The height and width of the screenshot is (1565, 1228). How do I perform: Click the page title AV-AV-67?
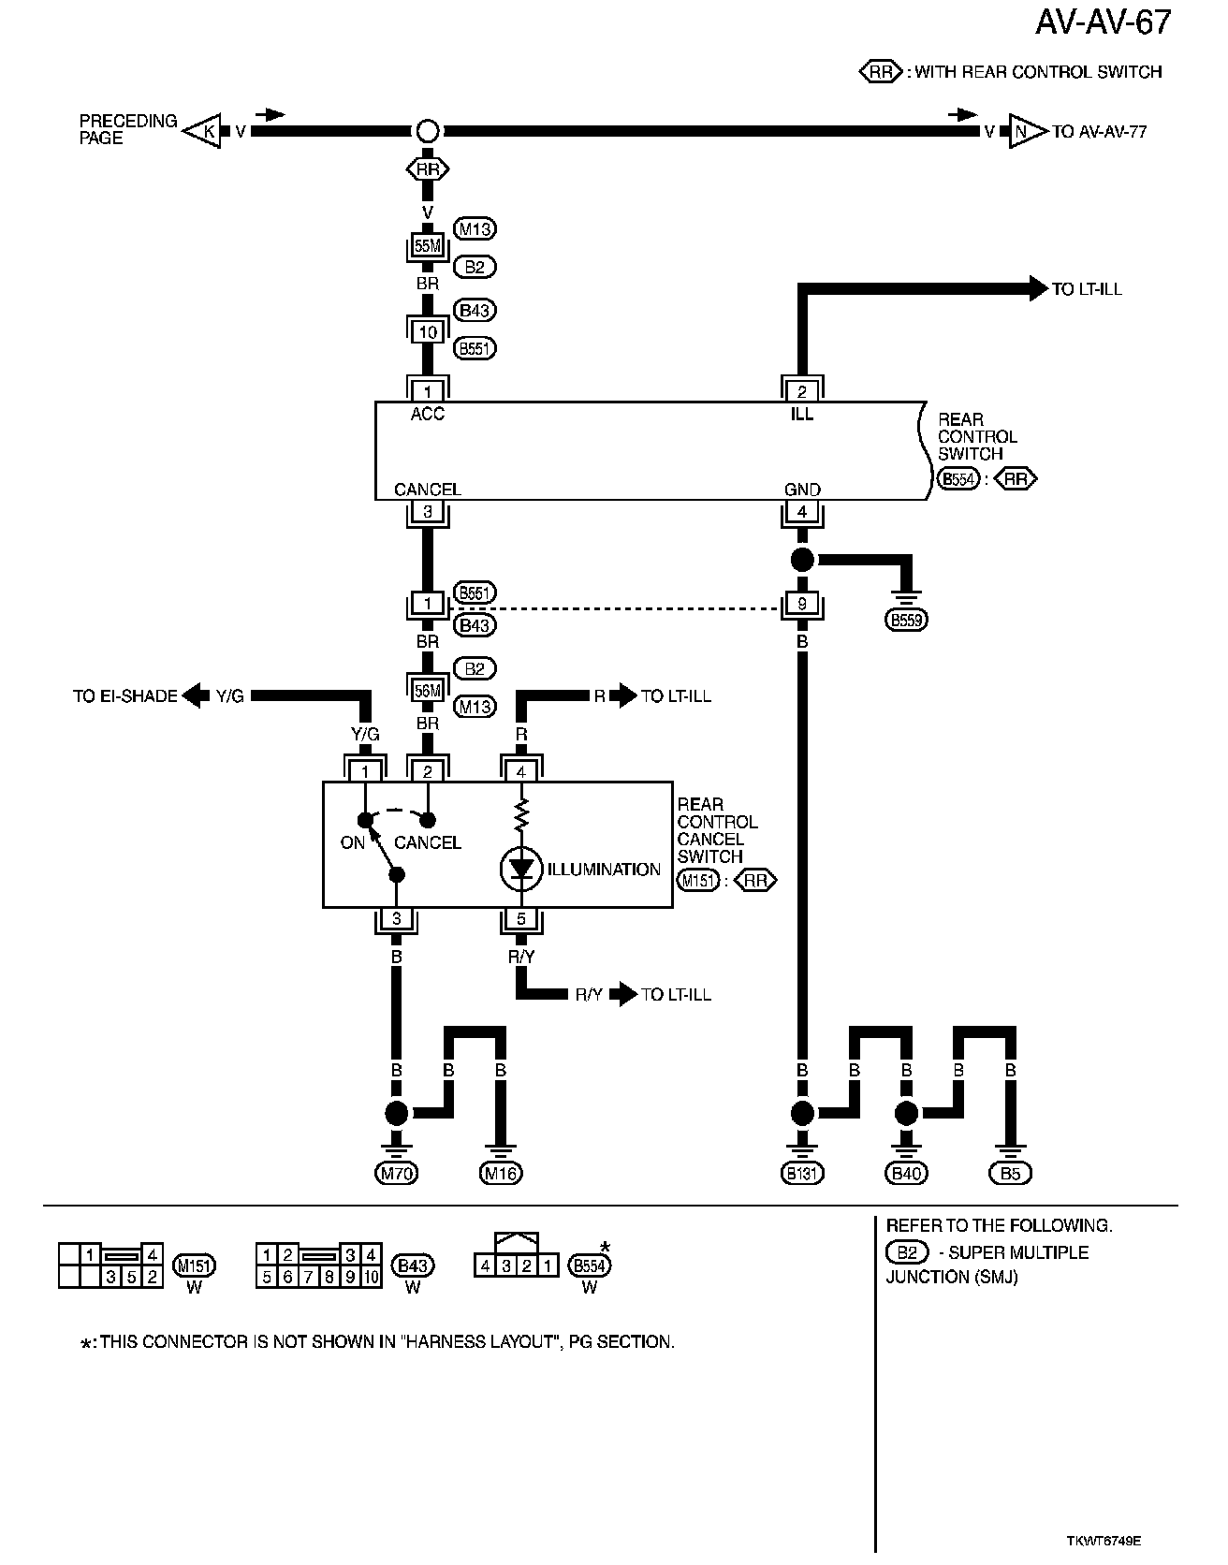(x=1103, y=22)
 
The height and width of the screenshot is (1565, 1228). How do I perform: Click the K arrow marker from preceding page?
(x=203, y=132)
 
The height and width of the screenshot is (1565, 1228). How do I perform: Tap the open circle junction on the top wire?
(x=427, y=131)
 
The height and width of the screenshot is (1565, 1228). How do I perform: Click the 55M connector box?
(x=427, y=246)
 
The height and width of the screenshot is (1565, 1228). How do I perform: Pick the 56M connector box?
(x=427, y=691)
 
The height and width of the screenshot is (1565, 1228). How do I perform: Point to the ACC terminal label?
(x=427, y=414)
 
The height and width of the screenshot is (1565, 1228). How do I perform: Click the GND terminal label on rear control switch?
(x=801, y=490)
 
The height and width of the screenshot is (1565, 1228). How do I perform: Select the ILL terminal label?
(x=801, y=414)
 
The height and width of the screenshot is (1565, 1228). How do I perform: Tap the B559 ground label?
(x=907, y=620)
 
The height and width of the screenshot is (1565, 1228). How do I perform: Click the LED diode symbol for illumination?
(x=521, y=870)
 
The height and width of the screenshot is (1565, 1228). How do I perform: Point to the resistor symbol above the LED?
(x=521, y=814)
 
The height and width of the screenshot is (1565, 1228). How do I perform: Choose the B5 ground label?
(x=1010, y=1173)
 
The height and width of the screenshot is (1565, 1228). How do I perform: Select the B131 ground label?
(x=801, y=1173)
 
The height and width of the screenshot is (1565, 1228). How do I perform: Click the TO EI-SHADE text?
(x=124, y=696)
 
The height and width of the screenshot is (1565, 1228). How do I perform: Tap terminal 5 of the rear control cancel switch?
(x=521, y=920)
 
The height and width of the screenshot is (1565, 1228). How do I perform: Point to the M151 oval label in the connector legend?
(x=195, y=1265)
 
